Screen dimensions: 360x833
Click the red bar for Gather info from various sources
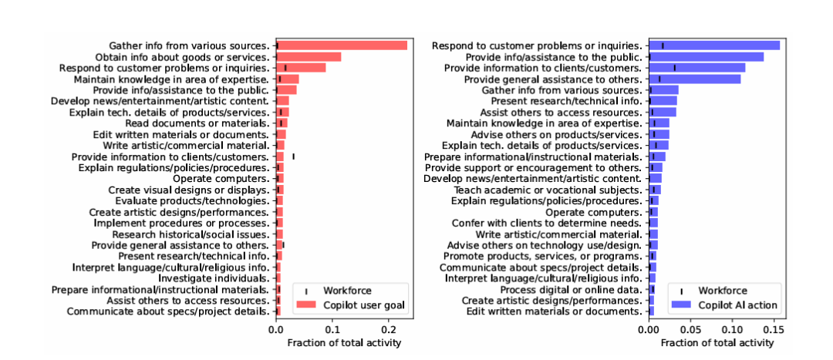(342, 45)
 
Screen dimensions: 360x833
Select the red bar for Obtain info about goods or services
(309, 57)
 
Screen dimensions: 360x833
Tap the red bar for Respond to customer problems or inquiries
(301, 68)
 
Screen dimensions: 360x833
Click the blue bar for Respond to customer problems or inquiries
(713, 45)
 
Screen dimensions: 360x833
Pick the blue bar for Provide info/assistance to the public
(706, 56)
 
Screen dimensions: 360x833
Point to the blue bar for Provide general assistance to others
(694, 79)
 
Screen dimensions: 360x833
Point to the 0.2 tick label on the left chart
(387, 329)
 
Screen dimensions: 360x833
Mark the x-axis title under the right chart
(713, 342)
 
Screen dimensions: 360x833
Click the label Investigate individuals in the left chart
(214, 278)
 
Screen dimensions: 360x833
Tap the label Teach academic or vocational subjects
(548, 190)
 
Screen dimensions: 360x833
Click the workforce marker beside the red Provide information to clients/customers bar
(293, 156)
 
